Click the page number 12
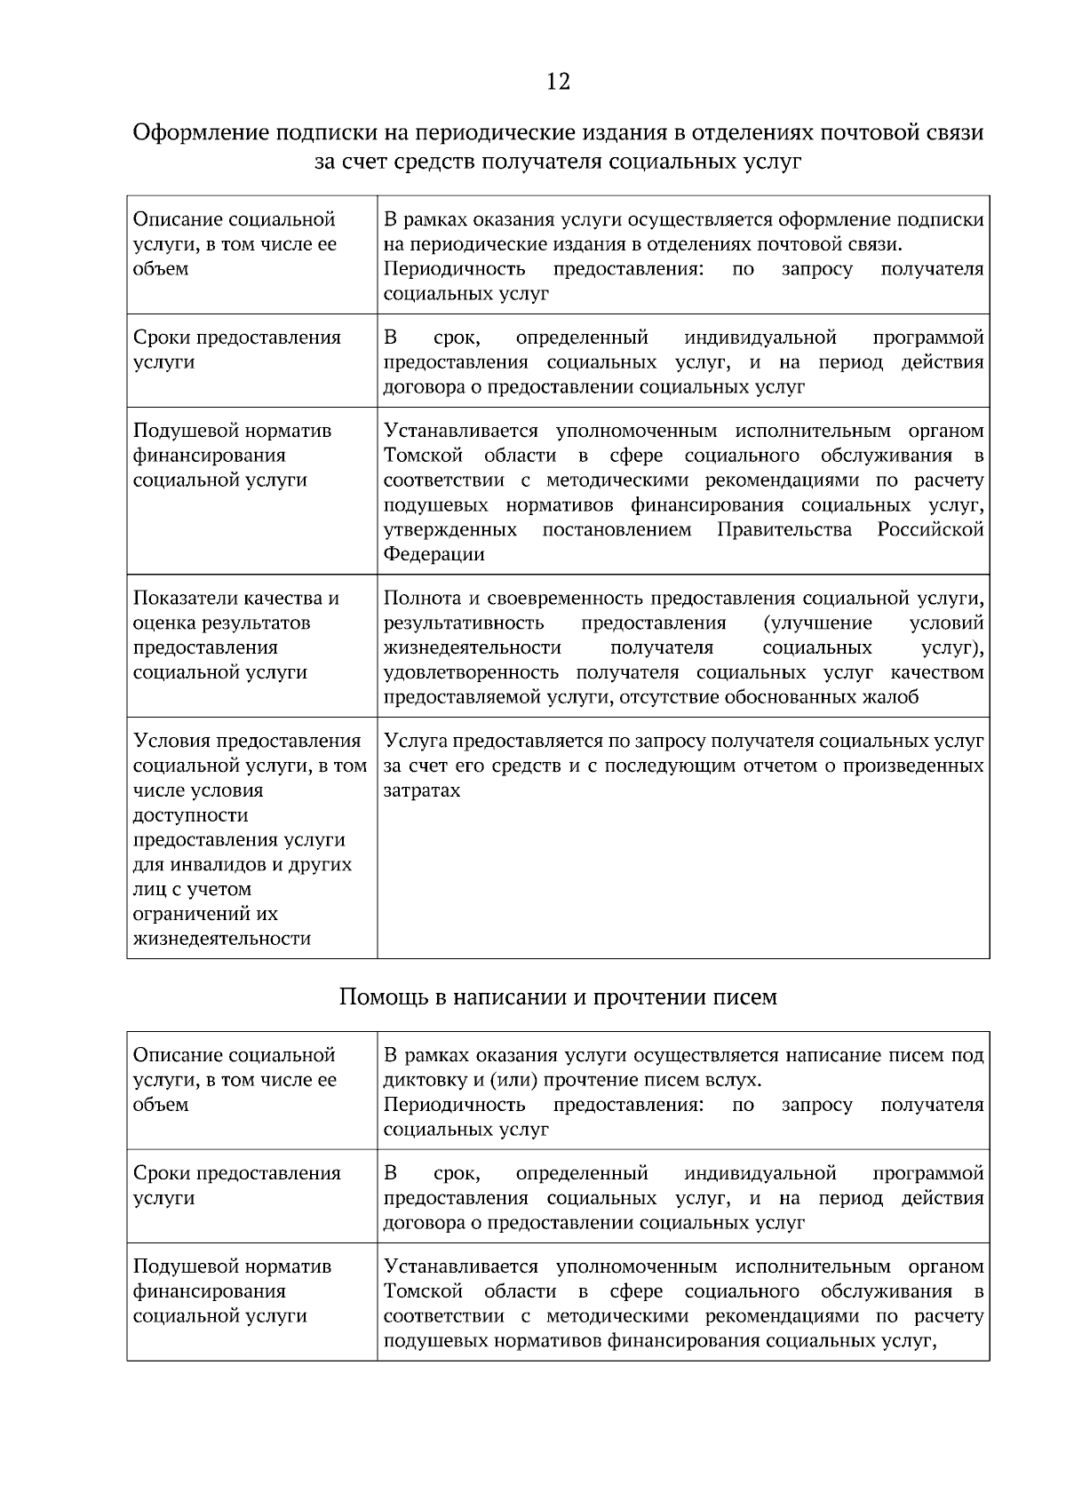pyautogui.click(x=558, y=83)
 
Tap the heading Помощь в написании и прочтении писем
pyautogui.click(x=558, y=996)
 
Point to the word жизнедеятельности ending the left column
pyautogui.click(x=222, y=939)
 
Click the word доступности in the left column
pyautogui.click(x=190, y=815)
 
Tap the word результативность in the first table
pyautogui.click(x=464, y=623)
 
